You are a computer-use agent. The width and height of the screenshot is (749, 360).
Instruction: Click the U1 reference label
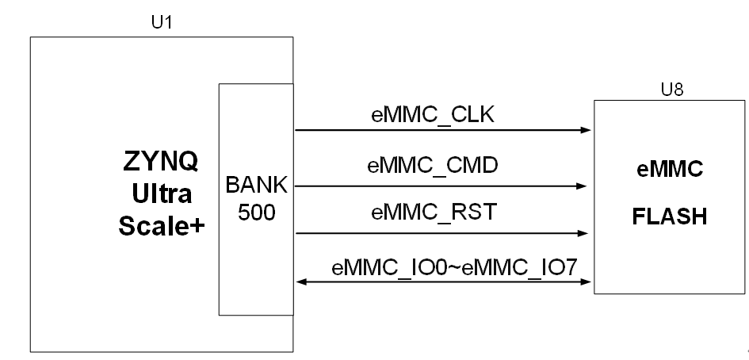162,22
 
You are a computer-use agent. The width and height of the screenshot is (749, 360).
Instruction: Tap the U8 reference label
671,90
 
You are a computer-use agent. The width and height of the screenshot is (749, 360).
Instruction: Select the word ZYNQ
160,161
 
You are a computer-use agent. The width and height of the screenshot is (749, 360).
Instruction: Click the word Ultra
162,193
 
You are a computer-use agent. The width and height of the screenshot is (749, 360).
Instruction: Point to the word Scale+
162,226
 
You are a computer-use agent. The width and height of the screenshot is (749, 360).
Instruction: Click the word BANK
257,185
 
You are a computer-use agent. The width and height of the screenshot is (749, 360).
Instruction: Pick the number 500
257,213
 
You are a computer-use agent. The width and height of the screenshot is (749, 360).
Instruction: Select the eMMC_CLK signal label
433,116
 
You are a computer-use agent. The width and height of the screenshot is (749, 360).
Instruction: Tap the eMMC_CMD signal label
433,166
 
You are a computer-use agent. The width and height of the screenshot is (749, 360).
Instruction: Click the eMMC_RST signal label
434,212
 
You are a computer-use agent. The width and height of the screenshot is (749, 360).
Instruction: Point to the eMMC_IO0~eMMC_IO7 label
455,268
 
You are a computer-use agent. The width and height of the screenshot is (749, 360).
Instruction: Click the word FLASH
669,216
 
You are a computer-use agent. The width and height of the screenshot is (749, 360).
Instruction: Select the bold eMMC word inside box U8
669,169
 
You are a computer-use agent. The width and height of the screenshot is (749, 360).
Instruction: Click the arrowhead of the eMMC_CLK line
586,130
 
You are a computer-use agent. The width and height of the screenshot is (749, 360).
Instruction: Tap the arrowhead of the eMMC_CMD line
581,186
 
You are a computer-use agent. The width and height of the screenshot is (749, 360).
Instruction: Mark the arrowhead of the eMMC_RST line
583,233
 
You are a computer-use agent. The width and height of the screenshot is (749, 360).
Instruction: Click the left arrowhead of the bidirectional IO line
302,282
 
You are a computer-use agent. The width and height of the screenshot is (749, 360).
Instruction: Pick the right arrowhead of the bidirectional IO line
586,282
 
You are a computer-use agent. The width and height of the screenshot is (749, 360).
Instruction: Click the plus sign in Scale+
198,227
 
